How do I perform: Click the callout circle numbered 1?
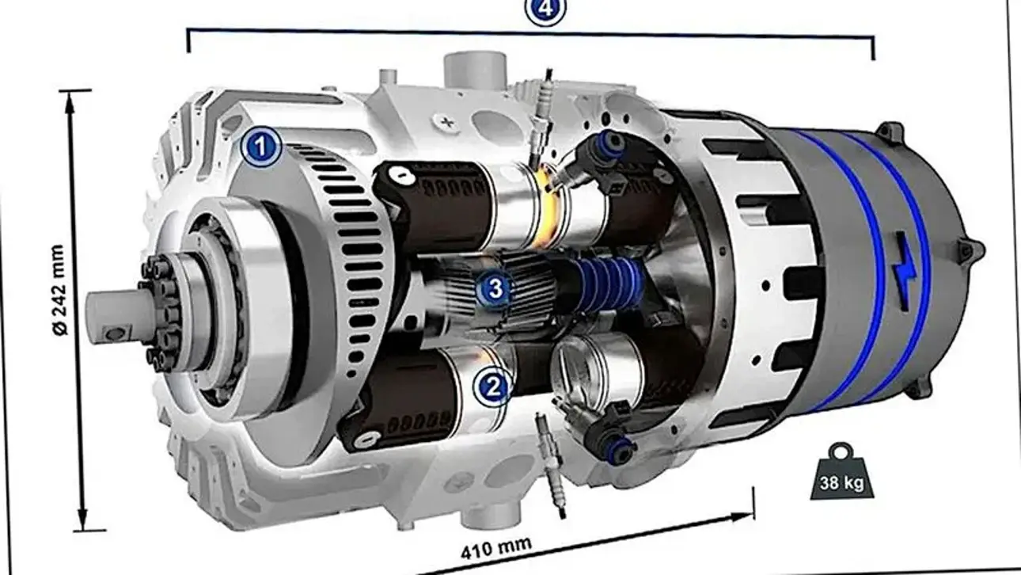pos(260,147)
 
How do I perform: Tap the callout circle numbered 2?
pos(493,387)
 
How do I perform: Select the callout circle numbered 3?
pos(495,288)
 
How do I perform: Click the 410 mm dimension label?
pos(496,549)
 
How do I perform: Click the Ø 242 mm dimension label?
pos(59,291)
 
